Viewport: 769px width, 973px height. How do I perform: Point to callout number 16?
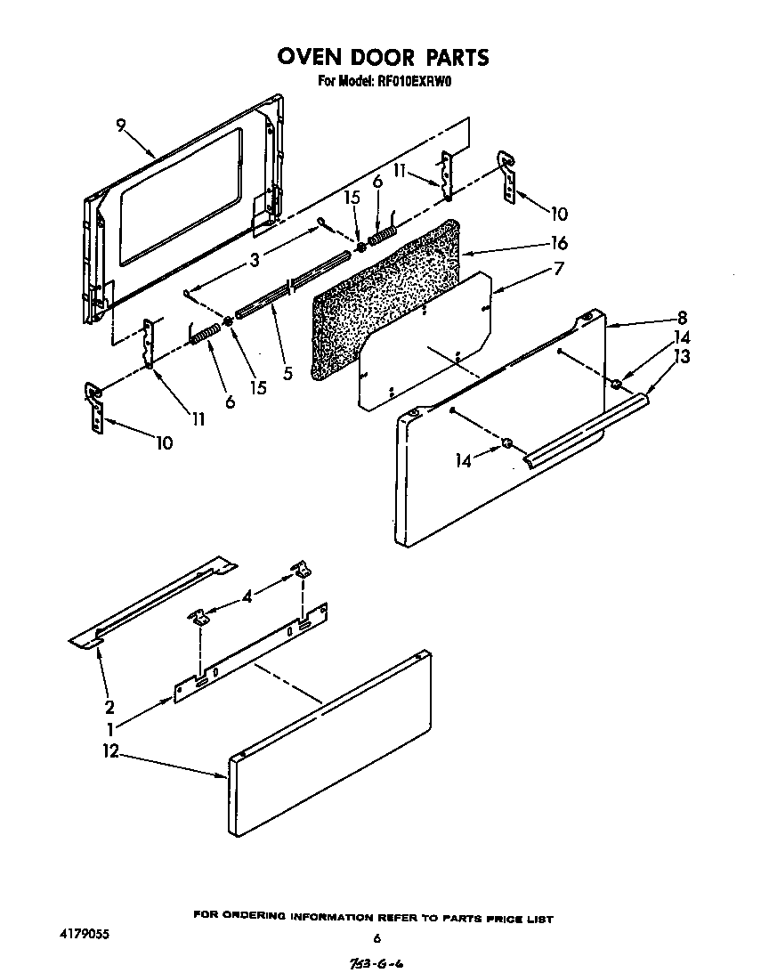[559, 243]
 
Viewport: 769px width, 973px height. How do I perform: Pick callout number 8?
[683, 316]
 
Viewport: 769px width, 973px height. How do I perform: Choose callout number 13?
[682, 356]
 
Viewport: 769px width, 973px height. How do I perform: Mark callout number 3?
[255, 261]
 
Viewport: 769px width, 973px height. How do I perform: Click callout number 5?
[287, 373]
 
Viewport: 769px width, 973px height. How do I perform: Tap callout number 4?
[247, 597]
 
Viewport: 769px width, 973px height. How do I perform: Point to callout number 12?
[110, 752]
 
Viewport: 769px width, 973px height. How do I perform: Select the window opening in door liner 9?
[178, 196]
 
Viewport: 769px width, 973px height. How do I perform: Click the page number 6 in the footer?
[376, 937]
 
